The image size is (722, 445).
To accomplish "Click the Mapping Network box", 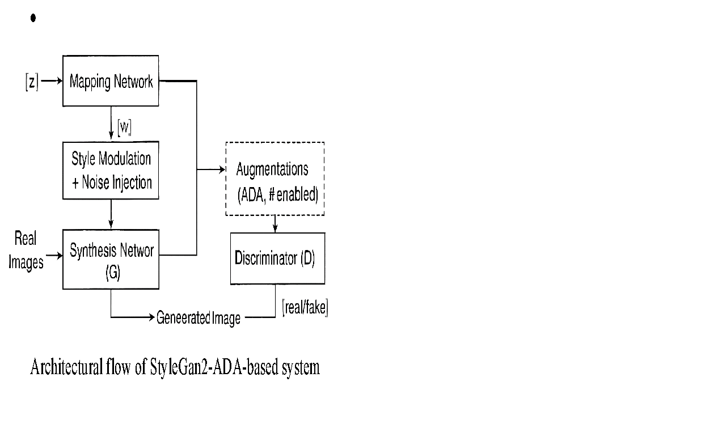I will (x=111, y=80).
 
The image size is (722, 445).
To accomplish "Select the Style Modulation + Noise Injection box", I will (x=111, y=170).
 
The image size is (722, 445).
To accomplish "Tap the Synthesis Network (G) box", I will (x=111, y=259).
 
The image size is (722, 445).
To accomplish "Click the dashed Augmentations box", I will (x=275, y=179).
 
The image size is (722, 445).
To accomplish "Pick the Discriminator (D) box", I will (x=277, y=258).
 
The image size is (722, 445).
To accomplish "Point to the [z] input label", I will (x=32, y=82).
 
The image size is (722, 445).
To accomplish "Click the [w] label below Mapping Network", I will (x=124, y=128).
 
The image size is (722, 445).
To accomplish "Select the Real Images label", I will (x=26, y=251).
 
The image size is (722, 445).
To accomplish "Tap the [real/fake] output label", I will (x=305, y=308).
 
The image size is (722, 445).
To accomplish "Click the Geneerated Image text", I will (x=199, y=318).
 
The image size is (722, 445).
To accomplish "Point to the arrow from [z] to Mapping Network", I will (x=51, y=81).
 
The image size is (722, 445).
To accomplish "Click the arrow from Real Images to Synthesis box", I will (x=53, y=256).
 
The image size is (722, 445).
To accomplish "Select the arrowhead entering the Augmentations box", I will (x=221, y=169).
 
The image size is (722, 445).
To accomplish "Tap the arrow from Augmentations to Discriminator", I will (x=276, y=224).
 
